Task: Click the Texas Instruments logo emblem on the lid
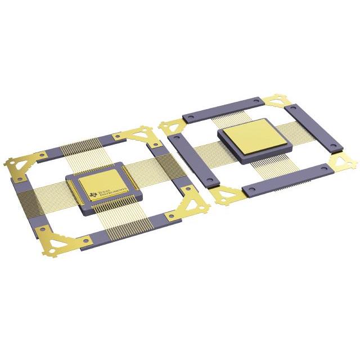pyautogui.click(x=93, y=195)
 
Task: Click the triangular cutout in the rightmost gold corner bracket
pyautogui.click(x=341, y=163)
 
